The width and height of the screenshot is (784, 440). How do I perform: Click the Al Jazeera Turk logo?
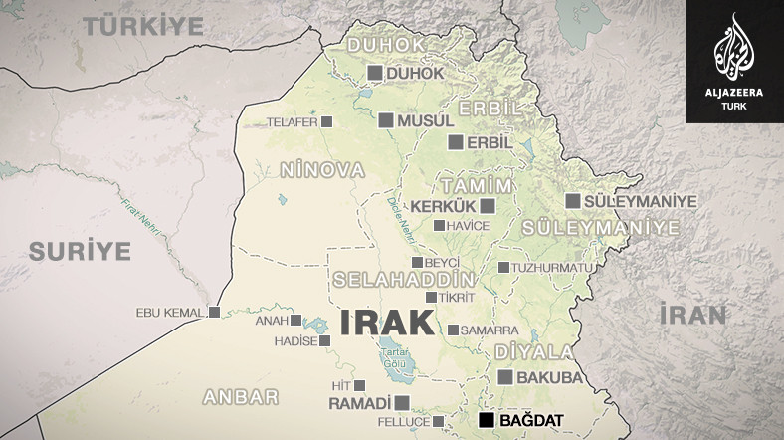click(x=734, y=61)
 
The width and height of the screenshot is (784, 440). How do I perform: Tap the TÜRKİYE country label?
click(x=142, y=27)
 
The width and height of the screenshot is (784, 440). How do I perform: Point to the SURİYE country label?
click(x=80, y=251)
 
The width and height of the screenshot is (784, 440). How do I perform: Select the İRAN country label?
click(x=692, y=316)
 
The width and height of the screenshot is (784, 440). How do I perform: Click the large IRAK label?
click(x=387, y=323)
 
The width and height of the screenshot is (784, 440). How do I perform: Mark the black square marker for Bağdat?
click(x=486, y=421)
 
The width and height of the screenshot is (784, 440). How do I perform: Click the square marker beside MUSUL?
click(x=386, y=120)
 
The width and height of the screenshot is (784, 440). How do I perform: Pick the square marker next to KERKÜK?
click(x=488, y=206)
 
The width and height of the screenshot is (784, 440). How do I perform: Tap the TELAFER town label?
click(x=292, y=122)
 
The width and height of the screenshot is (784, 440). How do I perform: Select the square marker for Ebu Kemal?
click(x=214, y=312)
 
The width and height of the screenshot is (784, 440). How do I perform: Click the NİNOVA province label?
click(x=322, y=171)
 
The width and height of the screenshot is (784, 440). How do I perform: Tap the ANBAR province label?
click(x=240, y=396)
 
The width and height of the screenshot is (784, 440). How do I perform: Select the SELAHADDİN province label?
click(x=403, y=278)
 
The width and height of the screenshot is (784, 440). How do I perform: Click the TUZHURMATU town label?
click(x=553, y=268)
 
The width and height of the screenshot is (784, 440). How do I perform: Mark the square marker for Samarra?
click(x=453, y=330)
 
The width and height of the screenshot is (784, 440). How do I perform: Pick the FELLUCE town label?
click(x=403, y=422)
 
